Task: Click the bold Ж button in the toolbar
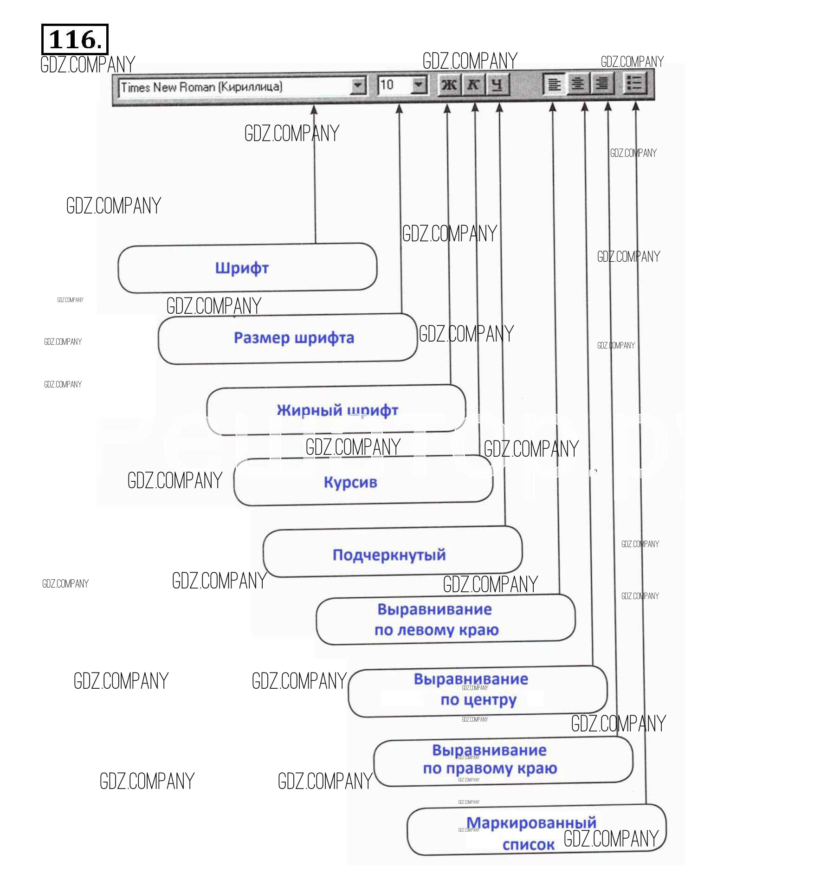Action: [x=449, y=85]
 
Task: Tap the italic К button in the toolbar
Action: [x=473, y=85]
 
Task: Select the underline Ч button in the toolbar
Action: [x=497, y=85]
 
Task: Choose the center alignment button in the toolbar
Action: [x=578, y=84]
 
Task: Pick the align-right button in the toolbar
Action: [x=602, y=84]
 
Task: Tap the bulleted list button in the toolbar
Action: [x=634, y=84]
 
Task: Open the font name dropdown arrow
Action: [x=357, y=86]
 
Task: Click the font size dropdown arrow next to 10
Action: [x=419, y=85]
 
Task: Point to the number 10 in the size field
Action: [x=387, y=85]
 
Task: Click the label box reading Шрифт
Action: [x=242, y=268]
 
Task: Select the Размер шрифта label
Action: [x=294, y=338]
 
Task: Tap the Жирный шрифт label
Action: [x=337, y=410]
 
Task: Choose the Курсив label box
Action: [x=350, y=482]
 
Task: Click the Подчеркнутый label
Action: [x=389, y=555]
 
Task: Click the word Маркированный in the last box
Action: [x=531, y=823]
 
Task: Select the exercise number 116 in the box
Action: [x=75, y=40]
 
